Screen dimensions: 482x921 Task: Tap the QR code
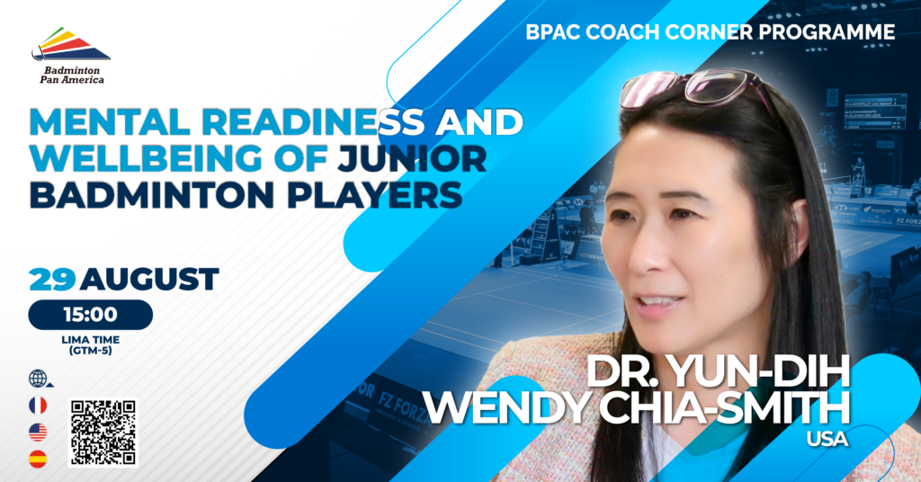coord(103,433)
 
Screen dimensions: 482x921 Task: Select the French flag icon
coord(38,406)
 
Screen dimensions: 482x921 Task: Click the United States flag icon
coord(38,433)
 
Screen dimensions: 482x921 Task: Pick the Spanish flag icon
coord(38,460)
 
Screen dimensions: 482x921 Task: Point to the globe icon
coord(39,379)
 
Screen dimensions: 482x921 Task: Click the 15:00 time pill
coord(90,315)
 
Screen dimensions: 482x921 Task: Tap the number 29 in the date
coord(51,279)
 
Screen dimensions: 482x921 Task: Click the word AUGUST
coord(149,279)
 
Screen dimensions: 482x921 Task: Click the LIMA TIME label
coord(90,340)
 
